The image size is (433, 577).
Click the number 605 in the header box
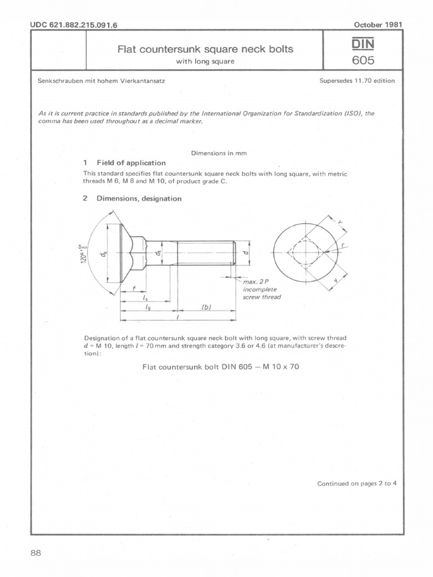point(363,60)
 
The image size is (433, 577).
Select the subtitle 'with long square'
point(205,61)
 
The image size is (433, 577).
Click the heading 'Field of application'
point(131,163)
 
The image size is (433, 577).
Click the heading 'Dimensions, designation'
point(139,198)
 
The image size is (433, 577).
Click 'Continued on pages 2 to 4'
point(357,483)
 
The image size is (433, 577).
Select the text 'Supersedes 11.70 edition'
point(357,81)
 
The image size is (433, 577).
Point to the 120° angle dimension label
point(83,254)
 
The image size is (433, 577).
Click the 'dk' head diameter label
point(104,256)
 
